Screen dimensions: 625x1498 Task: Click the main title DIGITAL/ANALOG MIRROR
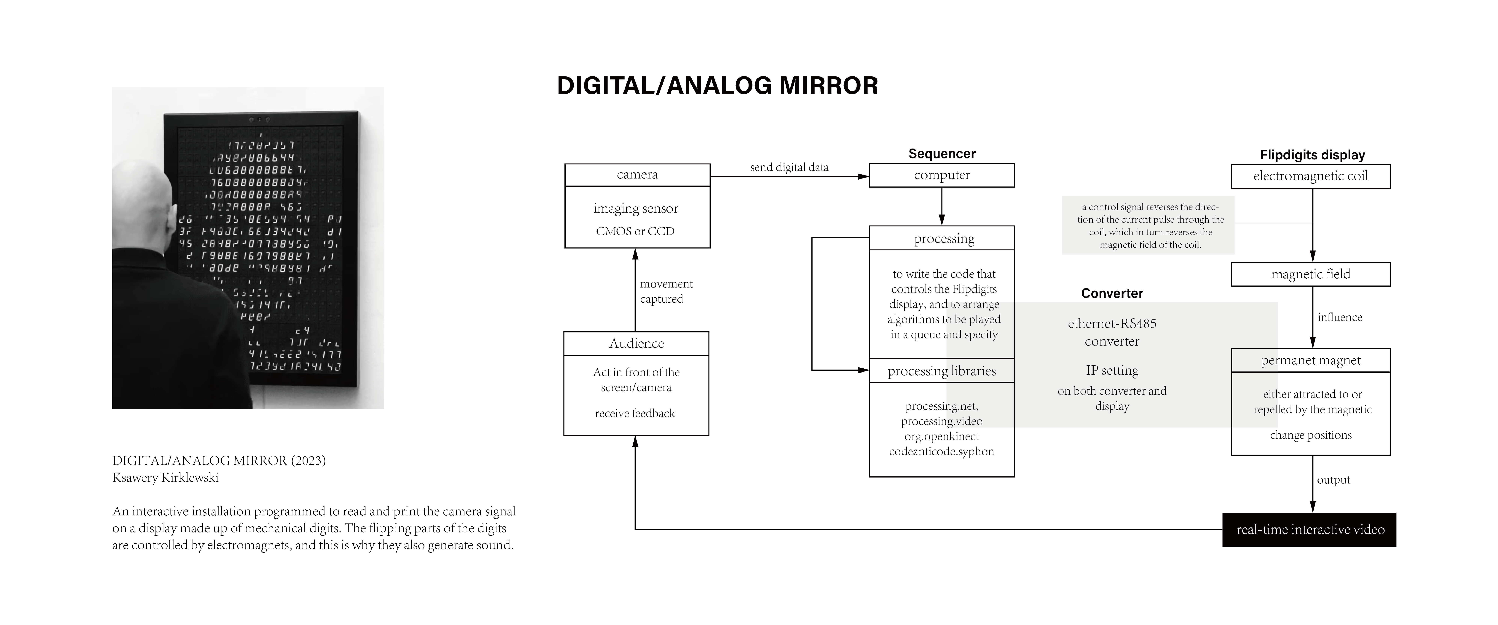(717, 86)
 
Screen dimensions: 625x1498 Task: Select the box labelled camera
(637, 175)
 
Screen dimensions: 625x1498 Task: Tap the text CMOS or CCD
(635, 231)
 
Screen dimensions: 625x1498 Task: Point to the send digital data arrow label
(789, 168)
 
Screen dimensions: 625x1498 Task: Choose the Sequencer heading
(942, 154)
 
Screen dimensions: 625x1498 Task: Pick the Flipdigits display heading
(1312, 155)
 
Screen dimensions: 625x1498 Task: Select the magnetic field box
(1310, 274)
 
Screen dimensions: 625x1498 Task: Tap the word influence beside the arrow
(1339, 317)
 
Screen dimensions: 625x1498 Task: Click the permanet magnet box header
(1310, 360)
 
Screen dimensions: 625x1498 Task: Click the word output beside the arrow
(1333, 480)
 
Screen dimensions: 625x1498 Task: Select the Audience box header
(636, 343)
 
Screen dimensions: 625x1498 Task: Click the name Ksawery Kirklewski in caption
(165, 478)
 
